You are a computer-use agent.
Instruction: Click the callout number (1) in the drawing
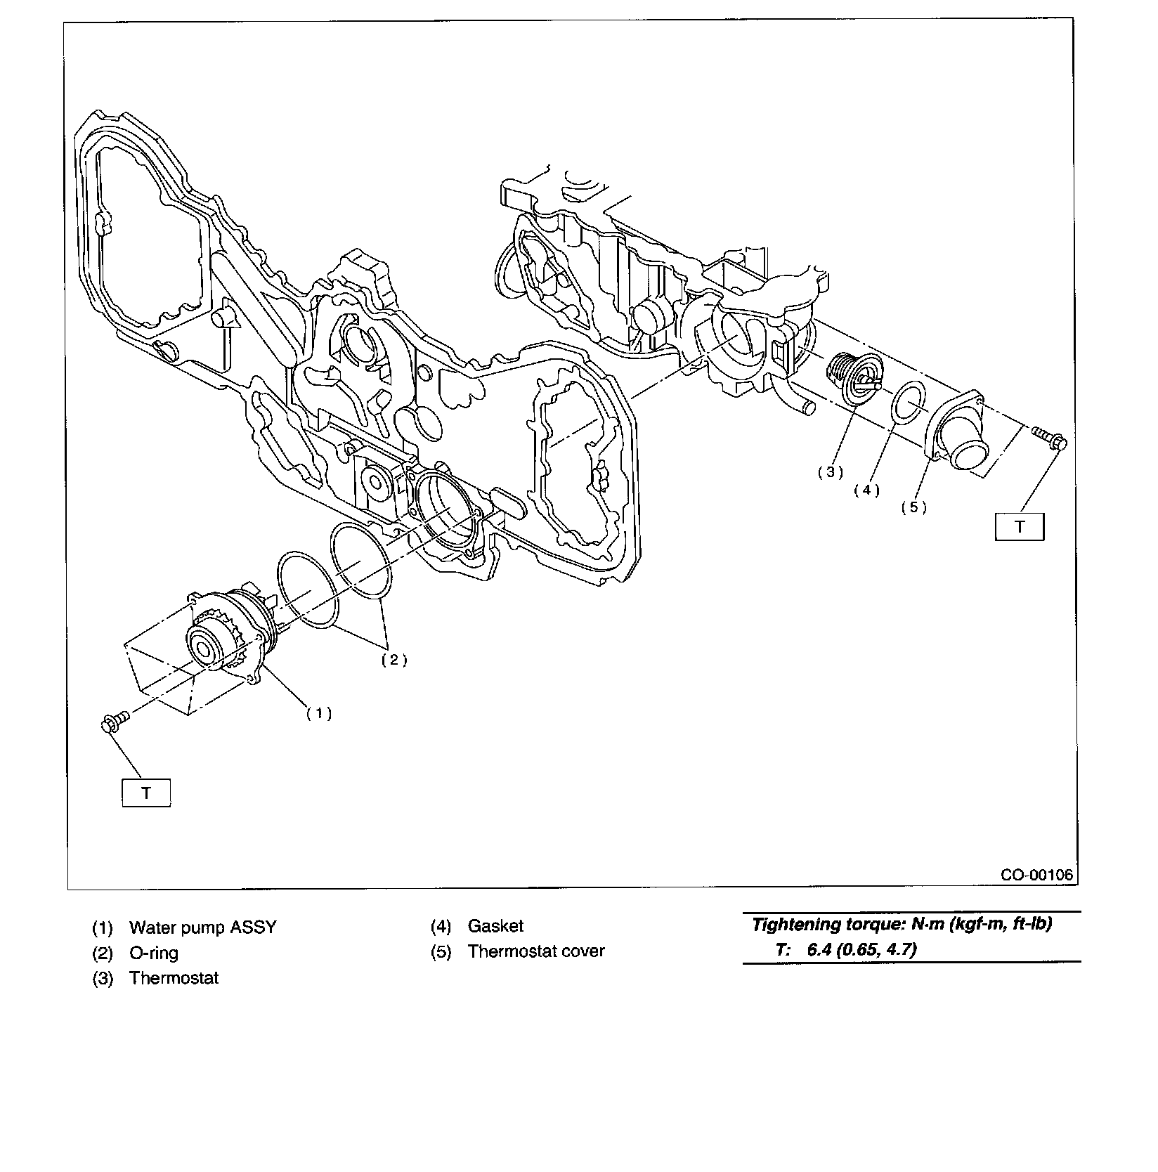tap(318, 713)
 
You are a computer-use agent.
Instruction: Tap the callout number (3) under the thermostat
tap(830, 472)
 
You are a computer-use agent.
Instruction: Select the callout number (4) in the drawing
tap(866, 490)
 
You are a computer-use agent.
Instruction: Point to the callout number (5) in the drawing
tap(913, 507)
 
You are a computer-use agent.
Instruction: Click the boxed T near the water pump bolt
tap(146, 793)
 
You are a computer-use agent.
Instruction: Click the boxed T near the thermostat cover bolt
tap(1020, 526)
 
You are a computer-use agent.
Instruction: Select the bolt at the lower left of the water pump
tap(114, 722)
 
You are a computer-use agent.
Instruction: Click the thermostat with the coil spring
tap(852, 379)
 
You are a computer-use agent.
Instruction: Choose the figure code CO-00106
tap(1038, 875)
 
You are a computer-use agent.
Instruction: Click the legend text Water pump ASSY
tap(202, 927)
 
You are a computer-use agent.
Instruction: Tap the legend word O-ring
tap(153, 953)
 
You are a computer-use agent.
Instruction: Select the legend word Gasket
tap(495, 926)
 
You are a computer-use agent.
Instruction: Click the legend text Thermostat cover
tap(536, 951)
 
